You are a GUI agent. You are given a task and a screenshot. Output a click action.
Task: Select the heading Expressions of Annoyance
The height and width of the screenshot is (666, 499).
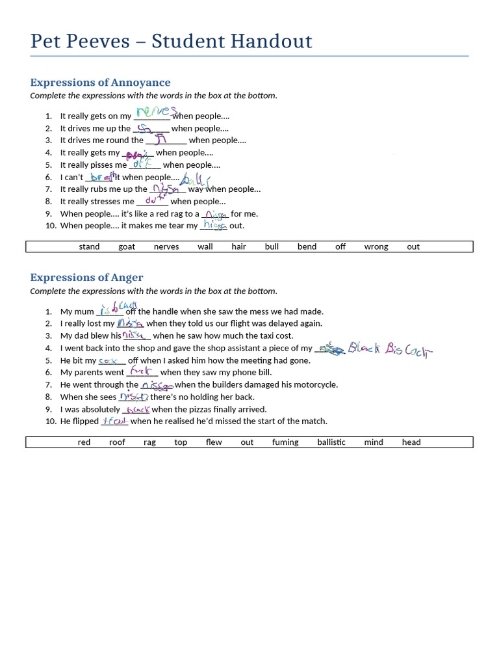pyautogui.click(x=100, y=83)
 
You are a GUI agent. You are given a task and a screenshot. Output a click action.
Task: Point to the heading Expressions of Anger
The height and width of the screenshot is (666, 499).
pyautogui.click(x=86, y=278)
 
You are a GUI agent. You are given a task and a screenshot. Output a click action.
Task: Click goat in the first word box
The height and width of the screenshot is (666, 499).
pyautogui.click(x=127, y=247)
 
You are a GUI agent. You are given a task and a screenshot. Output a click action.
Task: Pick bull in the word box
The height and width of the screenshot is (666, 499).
pyautogui.click(x=272, y=247)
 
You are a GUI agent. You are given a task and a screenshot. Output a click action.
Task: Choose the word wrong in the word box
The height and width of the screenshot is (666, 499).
pyautogui.click(x=376, y=247)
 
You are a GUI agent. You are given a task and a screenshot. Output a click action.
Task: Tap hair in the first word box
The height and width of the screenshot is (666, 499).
pyautogui.click(x=239, y=247)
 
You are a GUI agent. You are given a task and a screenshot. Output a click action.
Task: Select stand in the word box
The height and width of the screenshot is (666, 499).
pyautogui.click(x=90, y=247)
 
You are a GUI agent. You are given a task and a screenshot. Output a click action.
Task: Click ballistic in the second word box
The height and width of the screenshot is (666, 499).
pyautogui.click(x=331, y=442)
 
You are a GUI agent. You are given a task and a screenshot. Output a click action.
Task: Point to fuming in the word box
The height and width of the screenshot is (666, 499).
pyautogui.click(x=285, y=442)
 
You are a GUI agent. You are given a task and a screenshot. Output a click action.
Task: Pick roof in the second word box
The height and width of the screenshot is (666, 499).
pyautogui.click(x=117, y=442)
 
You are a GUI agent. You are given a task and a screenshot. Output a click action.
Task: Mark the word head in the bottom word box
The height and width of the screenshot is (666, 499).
pyautogui.click(x=411, y=442)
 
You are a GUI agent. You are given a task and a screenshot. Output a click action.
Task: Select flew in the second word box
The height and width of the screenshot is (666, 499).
pyautogui.click(x=214, y=442)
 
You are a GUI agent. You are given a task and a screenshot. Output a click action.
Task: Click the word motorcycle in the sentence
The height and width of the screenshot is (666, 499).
pyautogui.click(x=315, y=385)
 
